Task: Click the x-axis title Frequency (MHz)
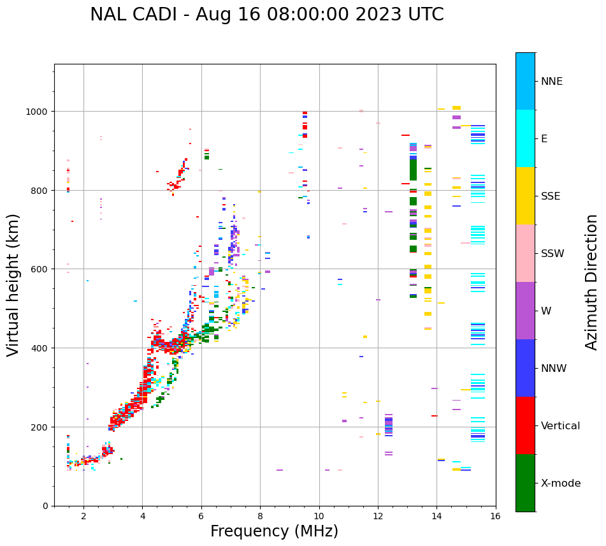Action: pos(274,531)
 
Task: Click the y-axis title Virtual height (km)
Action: pos(13,284)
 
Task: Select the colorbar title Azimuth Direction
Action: pos(592,282)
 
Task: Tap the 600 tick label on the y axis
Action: pos(40,269)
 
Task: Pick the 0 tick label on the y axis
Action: pos(45,506)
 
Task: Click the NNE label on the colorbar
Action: pos(552,82)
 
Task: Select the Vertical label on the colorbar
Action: pos(560,426)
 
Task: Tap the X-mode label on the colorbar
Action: pos(561,483)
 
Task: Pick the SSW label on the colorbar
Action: pos(552,254)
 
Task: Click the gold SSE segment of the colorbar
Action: pos(525,196)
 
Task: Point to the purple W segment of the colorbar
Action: pos(525,311)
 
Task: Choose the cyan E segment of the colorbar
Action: pos(525,138)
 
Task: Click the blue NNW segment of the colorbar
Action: pos(525,368)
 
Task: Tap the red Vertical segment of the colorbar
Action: pos(525,425)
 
